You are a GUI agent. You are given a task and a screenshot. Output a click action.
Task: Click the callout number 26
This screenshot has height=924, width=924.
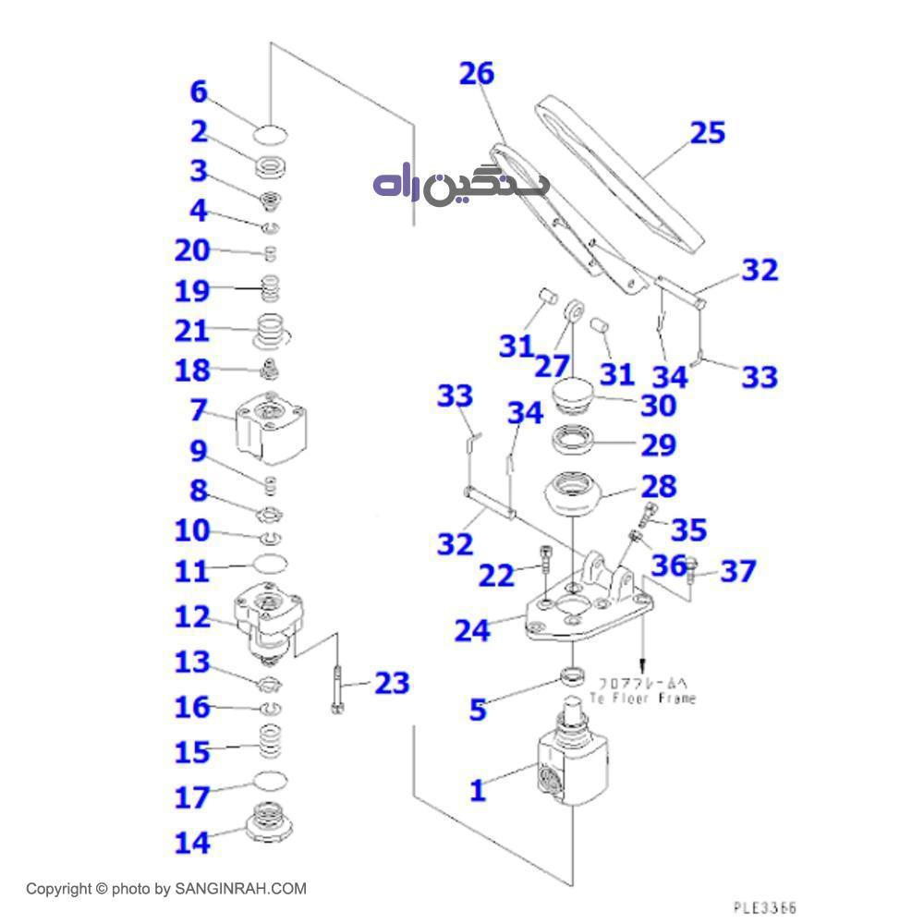point(477,74)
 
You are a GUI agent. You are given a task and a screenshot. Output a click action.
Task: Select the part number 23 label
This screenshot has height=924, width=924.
point(391,684)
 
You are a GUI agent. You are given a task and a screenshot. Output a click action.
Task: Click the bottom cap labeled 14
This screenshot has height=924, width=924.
point(269,821)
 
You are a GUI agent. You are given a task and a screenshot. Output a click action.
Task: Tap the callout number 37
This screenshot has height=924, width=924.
point(738,572)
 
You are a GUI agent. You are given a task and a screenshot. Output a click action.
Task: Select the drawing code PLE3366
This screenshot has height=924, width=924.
point(764,909)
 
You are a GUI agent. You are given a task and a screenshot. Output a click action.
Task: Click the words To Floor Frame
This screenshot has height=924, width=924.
point(643,699)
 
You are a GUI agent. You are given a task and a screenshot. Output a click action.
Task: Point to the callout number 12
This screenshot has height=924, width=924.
point(193,616)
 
